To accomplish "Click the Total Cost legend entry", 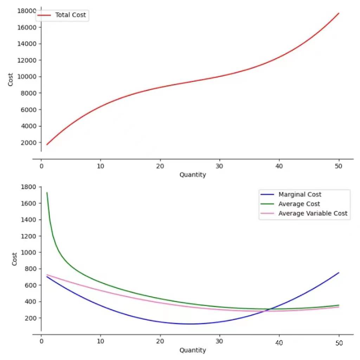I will [70, 15].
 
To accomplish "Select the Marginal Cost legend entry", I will [300, 194].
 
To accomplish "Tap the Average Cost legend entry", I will [299, 204].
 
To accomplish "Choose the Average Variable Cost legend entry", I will [313, 213].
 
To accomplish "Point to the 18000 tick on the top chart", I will [27, 11].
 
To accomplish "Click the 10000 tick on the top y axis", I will [27, 77].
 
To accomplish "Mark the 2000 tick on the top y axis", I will [28, 142].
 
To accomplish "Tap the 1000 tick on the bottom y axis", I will [28, 252].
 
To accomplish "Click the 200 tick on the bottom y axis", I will [30, 318].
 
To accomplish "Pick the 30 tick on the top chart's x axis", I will [220, 167].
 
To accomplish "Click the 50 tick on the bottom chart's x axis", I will [339, 343].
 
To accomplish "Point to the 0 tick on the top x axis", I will [41, 167].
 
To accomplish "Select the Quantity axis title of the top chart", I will [193, 175].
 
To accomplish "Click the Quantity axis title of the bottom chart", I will [193, 350].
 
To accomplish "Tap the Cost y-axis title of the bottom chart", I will [15, 259].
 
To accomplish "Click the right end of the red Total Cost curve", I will [339, 13].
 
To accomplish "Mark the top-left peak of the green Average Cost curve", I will [47, 193].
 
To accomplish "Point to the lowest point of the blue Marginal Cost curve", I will [190, 324].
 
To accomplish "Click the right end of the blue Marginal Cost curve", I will [339, 272].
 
